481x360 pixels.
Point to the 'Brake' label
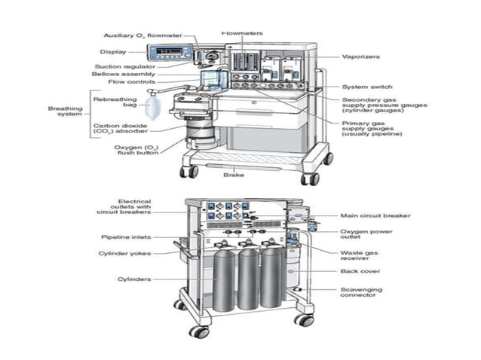pos(233,175)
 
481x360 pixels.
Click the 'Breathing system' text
pos(65,111)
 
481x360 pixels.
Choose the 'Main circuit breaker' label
pos(375,215)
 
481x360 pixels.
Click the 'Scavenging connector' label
pos(361,293)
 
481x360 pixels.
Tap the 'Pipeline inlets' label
pos(126,236)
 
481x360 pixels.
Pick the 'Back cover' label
pos(360,271)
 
